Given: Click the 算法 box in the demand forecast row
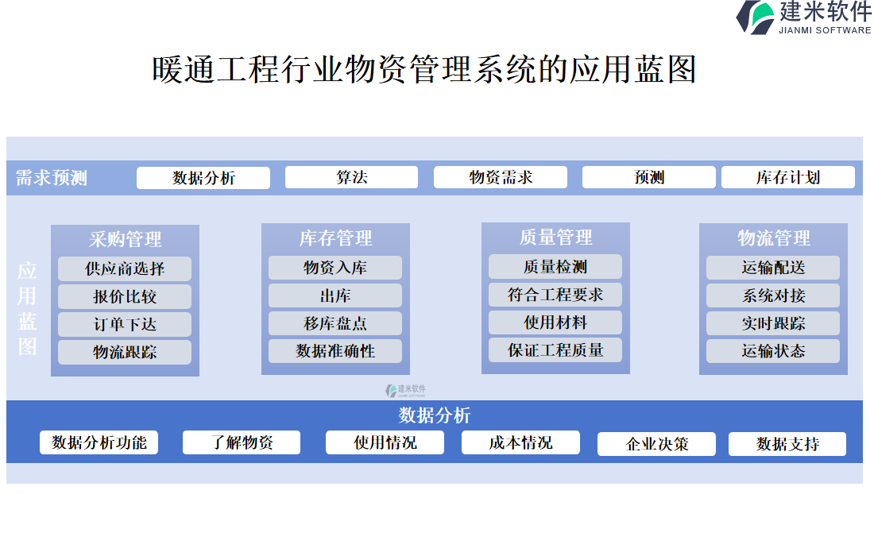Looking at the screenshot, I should click(x=351, y=177).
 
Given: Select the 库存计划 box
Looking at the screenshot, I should click(x=787, y=177).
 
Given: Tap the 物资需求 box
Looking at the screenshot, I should click(x=500, y=177).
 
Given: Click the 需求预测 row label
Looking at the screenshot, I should click(x=52, y=178).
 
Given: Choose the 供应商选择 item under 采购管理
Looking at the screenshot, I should click(x=125, y=268).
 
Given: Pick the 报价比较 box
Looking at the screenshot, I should click(x=125, y=296).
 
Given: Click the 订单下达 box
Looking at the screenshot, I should click(x=125, y=324).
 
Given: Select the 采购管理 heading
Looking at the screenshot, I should click(x=125, y=238).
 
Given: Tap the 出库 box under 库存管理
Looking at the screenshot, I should click(x=335, y=295).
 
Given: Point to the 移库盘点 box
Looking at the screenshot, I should click(x=335, y=323).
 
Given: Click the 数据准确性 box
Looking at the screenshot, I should click(x=335, y=350).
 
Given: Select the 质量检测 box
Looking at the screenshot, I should click(x=555, y=267).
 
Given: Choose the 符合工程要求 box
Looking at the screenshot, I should click(x=555, y=295).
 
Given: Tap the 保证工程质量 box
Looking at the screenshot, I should click(x=555, y=349).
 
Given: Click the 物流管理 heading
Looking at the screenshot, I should click(x=773, y=237).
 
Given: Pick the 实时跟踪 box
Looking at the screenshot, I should click(x=773, y=323).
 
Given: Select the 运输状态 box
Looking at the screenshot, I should click(x=773, y=350).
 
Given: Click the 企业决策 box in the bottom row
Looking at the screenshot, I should click(x=656, y=444).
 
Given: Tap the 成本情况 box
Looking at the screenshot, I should click(x=520, y=442).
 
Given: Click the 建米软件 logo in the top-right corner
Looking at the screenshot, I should click(x=802, y=17).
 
